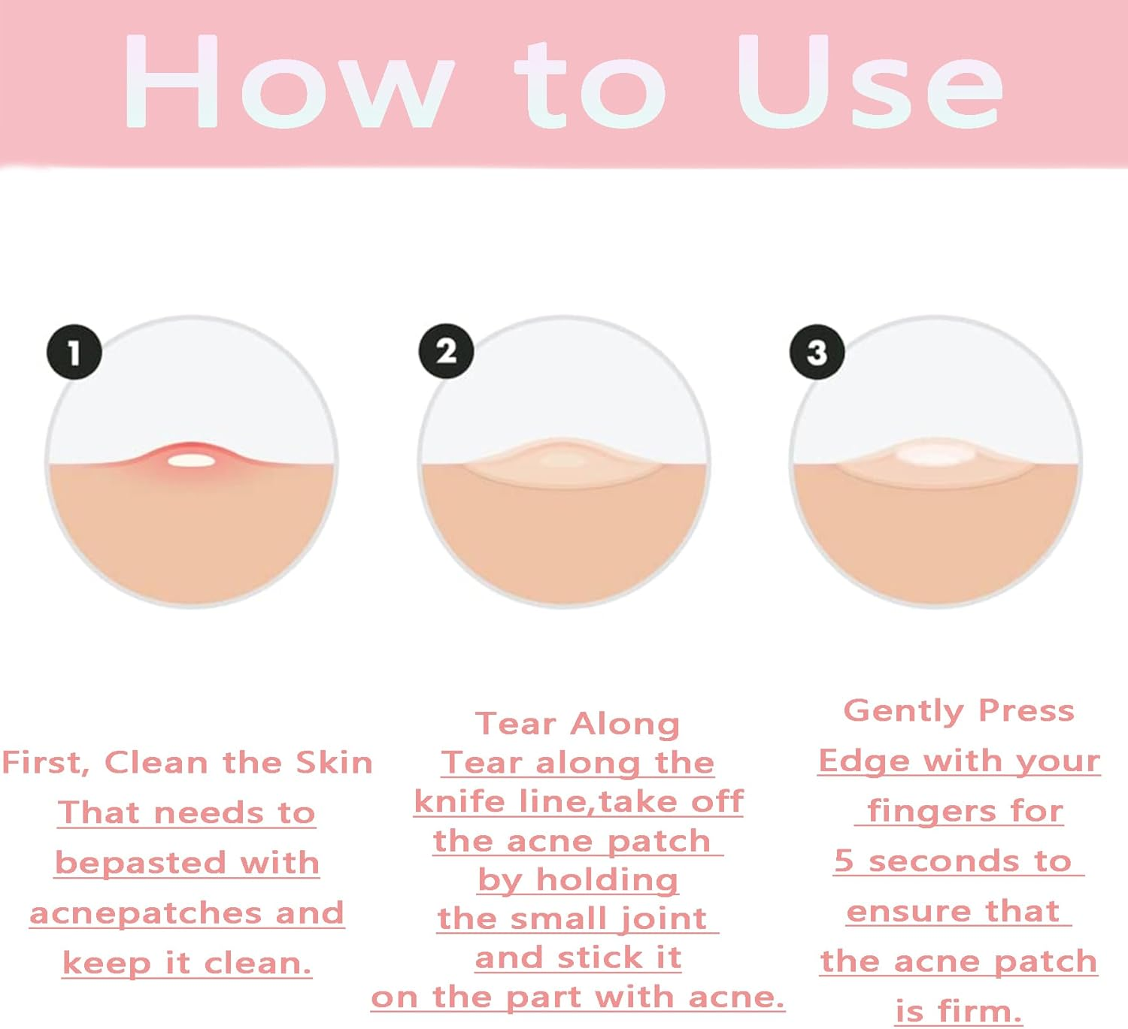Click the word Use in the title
[870, 81]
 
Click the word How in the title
[289, 81]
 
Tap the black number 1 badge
[74, 352]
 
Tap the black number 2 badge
[447, 351]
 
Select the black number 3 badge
[817, 352]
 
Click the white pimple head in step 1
[192, 461]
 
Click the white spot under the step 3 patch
[935, 453]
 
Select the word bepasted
[140, 863]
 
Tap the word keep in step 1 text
[107, 964]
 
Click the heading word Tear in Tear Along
[516, 724]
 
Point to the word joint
[663, 919]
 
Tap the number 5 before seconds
[844, 861]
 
